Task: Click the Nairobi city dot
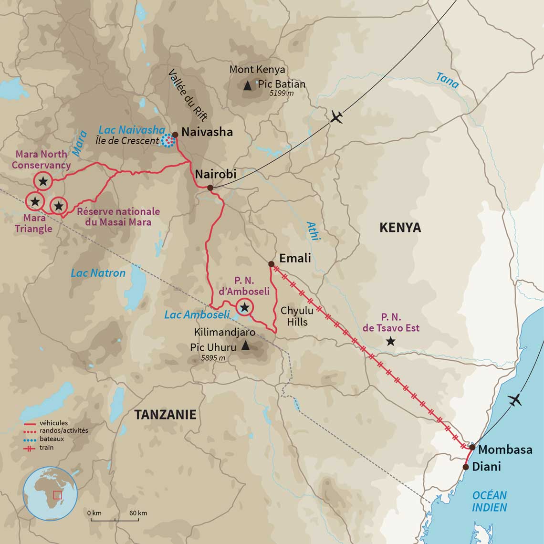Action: click(210, 188)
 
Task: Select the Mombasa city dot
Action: click(472, 447)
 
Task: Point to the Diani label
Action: click(486, 466)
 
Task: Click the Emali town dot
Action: click(271, 264)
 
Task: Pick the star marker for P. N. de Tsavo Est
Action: click(391, 341)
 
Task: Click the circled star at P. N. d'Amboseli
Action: click(245, 307)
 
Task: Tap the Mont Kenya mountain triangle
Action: click(247, 86)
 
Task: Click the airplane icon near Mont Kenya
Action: click(336, 116)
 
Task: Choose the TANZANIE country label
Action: click(165, 414)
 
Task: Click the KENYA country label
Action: click(400, 228)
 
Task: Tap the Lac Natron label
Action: click(98, 273)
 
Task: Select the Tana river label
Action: click(447, 80)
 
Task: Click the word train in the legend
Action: click(47, 448)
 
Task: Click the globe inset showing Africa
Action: click(50, 493)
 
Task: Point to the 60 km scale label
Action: click(138, 513)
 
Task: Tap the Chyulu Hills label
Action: click(294, 316)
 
